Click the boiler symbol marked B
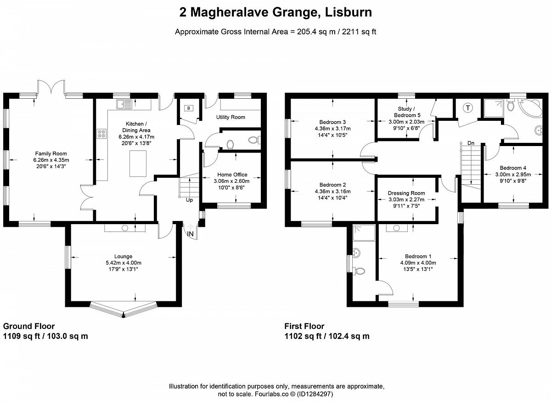click(x=189, y=108)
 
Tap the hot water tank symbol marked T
click(x=468, y=108)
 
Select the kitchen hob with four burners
click(x=102, y=134)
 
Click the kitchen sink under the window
click(x=124, y=104)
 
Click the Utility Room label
click(x=231, y=117)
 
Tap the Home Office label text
click(x=232, y=175)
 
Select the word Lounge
click(x=123, y=256)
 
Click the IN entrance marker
click(x=191, y=234)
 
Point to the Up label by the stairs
click(x=189, y=200)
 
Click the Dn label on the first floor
click(x=471, y=143)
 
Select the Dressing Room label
click(x=406, y=193)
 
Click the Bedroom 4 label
click(x=513, y=168)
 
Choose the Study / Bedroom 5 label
click(x=407, y=112)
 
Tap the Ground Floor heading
click(x=29, y=326)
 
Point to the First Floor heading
click(x=304, y=326)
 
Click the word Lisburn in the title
click(x=349, y=12)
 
